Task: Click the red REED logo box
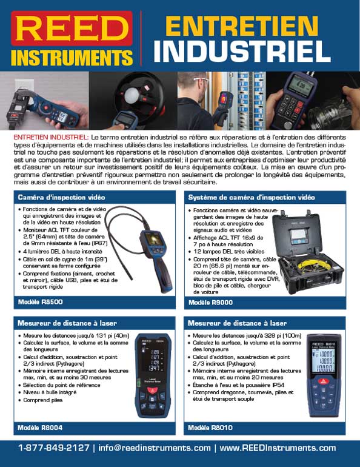pos(72,29)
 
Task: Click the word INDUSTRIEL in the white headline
pos(242,51)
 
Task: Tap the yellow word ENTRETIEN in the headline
pos(242,26)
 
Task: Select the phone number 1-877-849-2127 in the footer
pos(54,448)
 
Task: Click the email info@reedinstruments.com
pos(155,448)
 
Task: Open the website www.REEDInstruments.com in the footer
pos(278,448)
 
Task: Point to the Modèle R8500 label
pos(40,301)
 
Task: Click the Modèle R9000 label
pos(211,302)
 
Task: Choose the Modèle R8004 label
pos(40,428)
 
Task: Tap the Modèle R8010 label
pos(210,428)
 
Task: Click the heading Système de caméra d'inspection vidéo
pos(252,197)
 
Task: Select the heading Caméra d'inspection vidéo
pos(61,197)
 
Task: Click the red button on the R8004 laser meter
pos(153,390)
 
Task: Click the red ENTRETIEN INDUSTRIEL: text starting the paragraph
pos(51,137)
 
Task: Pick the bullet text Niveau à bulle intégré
pos(50,392)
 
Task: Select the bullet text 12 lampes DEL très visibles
pos(229,251)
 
